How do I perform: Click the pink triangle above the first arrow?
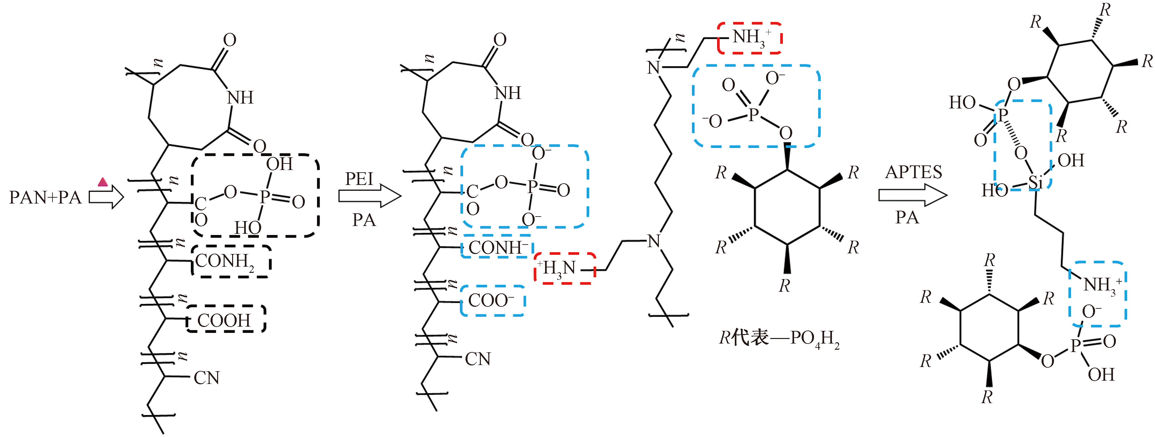pyautogui.click(x=103, y=182)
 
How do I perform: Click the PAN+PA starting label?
pyautogui.click(x=45, y=197)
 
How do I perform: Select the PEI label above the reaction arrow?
pyautogui.click(x=359, y=179)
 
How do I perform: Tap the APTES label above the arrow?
pyautogui.click(x=914, y=172)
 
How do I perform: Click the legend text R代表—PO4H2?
pyautogui.click(x=779, y=339)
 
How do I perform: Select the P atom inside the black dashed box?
pyautogui.click(x=264, y=196)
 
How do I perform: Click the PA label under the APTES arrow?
pyautogui.click(x=907, y=218)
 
